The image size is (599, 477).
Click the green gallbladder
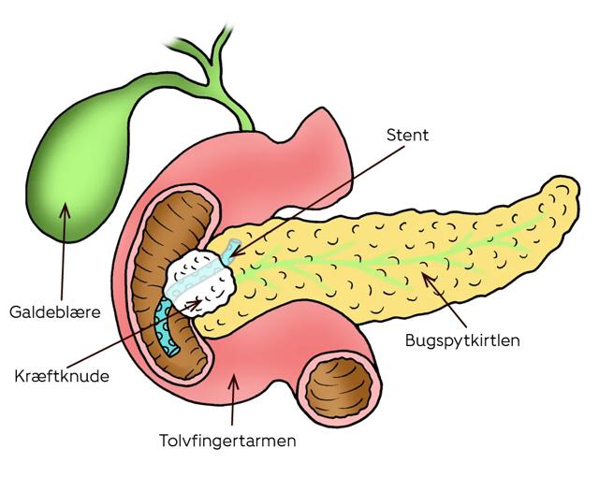(70, 168)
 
